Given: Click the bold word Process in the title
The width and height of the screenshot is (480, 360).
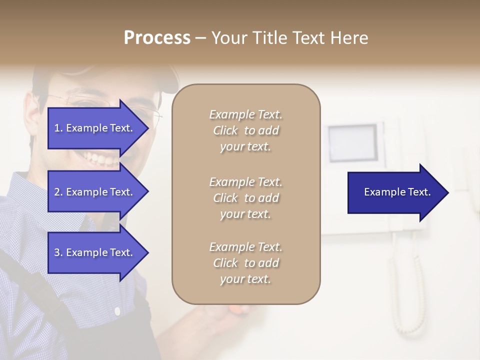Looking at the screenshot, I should click(x=157, y=38).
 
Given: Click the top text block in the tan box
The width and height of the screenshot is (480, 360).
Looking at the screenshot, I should click(x=245, y=130).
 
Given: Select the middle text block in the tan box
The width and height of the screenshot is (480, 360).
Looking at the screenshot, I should click(x=245, y=198).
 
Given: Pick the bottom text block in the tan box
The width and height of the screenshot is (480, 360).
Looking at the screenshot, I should click(x=245, y=263).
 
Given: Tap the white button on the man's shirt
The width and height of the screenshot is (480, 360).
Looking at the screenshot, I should click(x=117, y=311).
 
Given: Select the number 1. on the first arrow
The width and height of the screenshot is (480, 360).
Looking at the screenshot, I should click(x=58, y=128).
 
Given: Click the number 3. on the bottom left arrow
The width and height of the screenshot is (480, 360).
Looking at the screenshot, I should click(x=58, y=252).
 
